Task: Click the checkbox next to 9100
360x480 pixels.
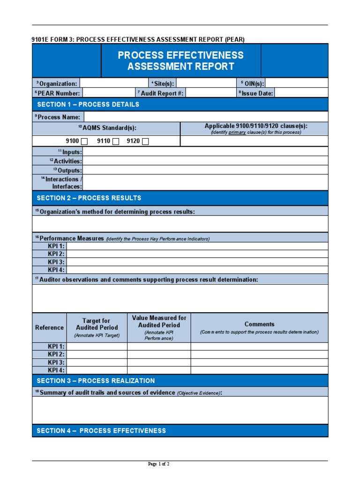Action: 84,142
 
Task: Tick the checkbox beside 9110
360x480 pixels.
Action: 116,142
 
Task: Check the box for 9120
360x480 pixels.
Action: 145,142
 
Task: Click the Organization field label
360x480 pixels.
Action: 56,83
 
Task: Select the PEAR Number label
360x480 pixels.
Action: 57,93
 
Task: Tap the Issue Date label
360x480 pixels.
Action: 256,93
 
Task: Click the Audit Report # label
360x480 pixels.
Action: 160,93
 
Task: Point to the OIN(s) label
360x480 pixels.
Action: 252,83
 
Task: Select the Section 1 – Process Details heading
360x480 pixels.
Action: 88,105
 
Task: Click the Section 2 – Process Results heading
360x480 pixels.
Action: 89,198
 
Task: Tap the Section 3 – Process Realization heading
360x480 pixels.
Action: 96,381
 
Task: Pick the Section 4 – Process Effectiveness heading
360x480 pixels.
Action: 101,431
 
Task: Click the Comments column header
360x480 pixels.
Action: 259,324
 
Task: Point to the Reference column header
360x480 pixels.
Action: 49,328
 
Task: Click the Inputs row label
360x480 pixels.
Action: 70,152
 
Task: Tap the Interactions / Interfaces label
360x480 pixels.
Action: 65,183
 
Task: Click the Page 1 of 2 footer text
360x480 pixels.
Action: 158,464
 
